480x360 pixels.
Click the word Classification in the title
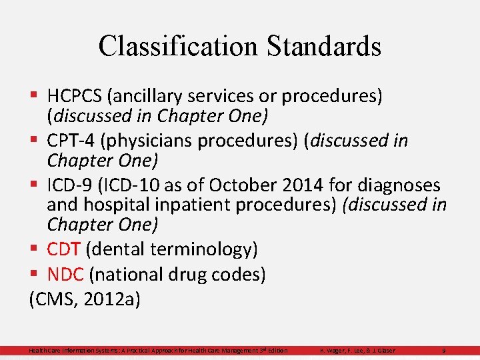(x=177, y=46)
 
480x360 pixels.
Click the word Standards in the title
(x=323, y=46)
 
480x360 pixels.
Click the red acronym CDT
(x=64, y=249)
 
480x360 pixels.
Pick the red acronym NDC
(x=65, y=274)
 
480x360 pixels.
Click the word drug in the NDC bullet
(x=190, y=274)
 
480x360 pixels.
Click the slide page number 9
(x=443, y=351)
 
